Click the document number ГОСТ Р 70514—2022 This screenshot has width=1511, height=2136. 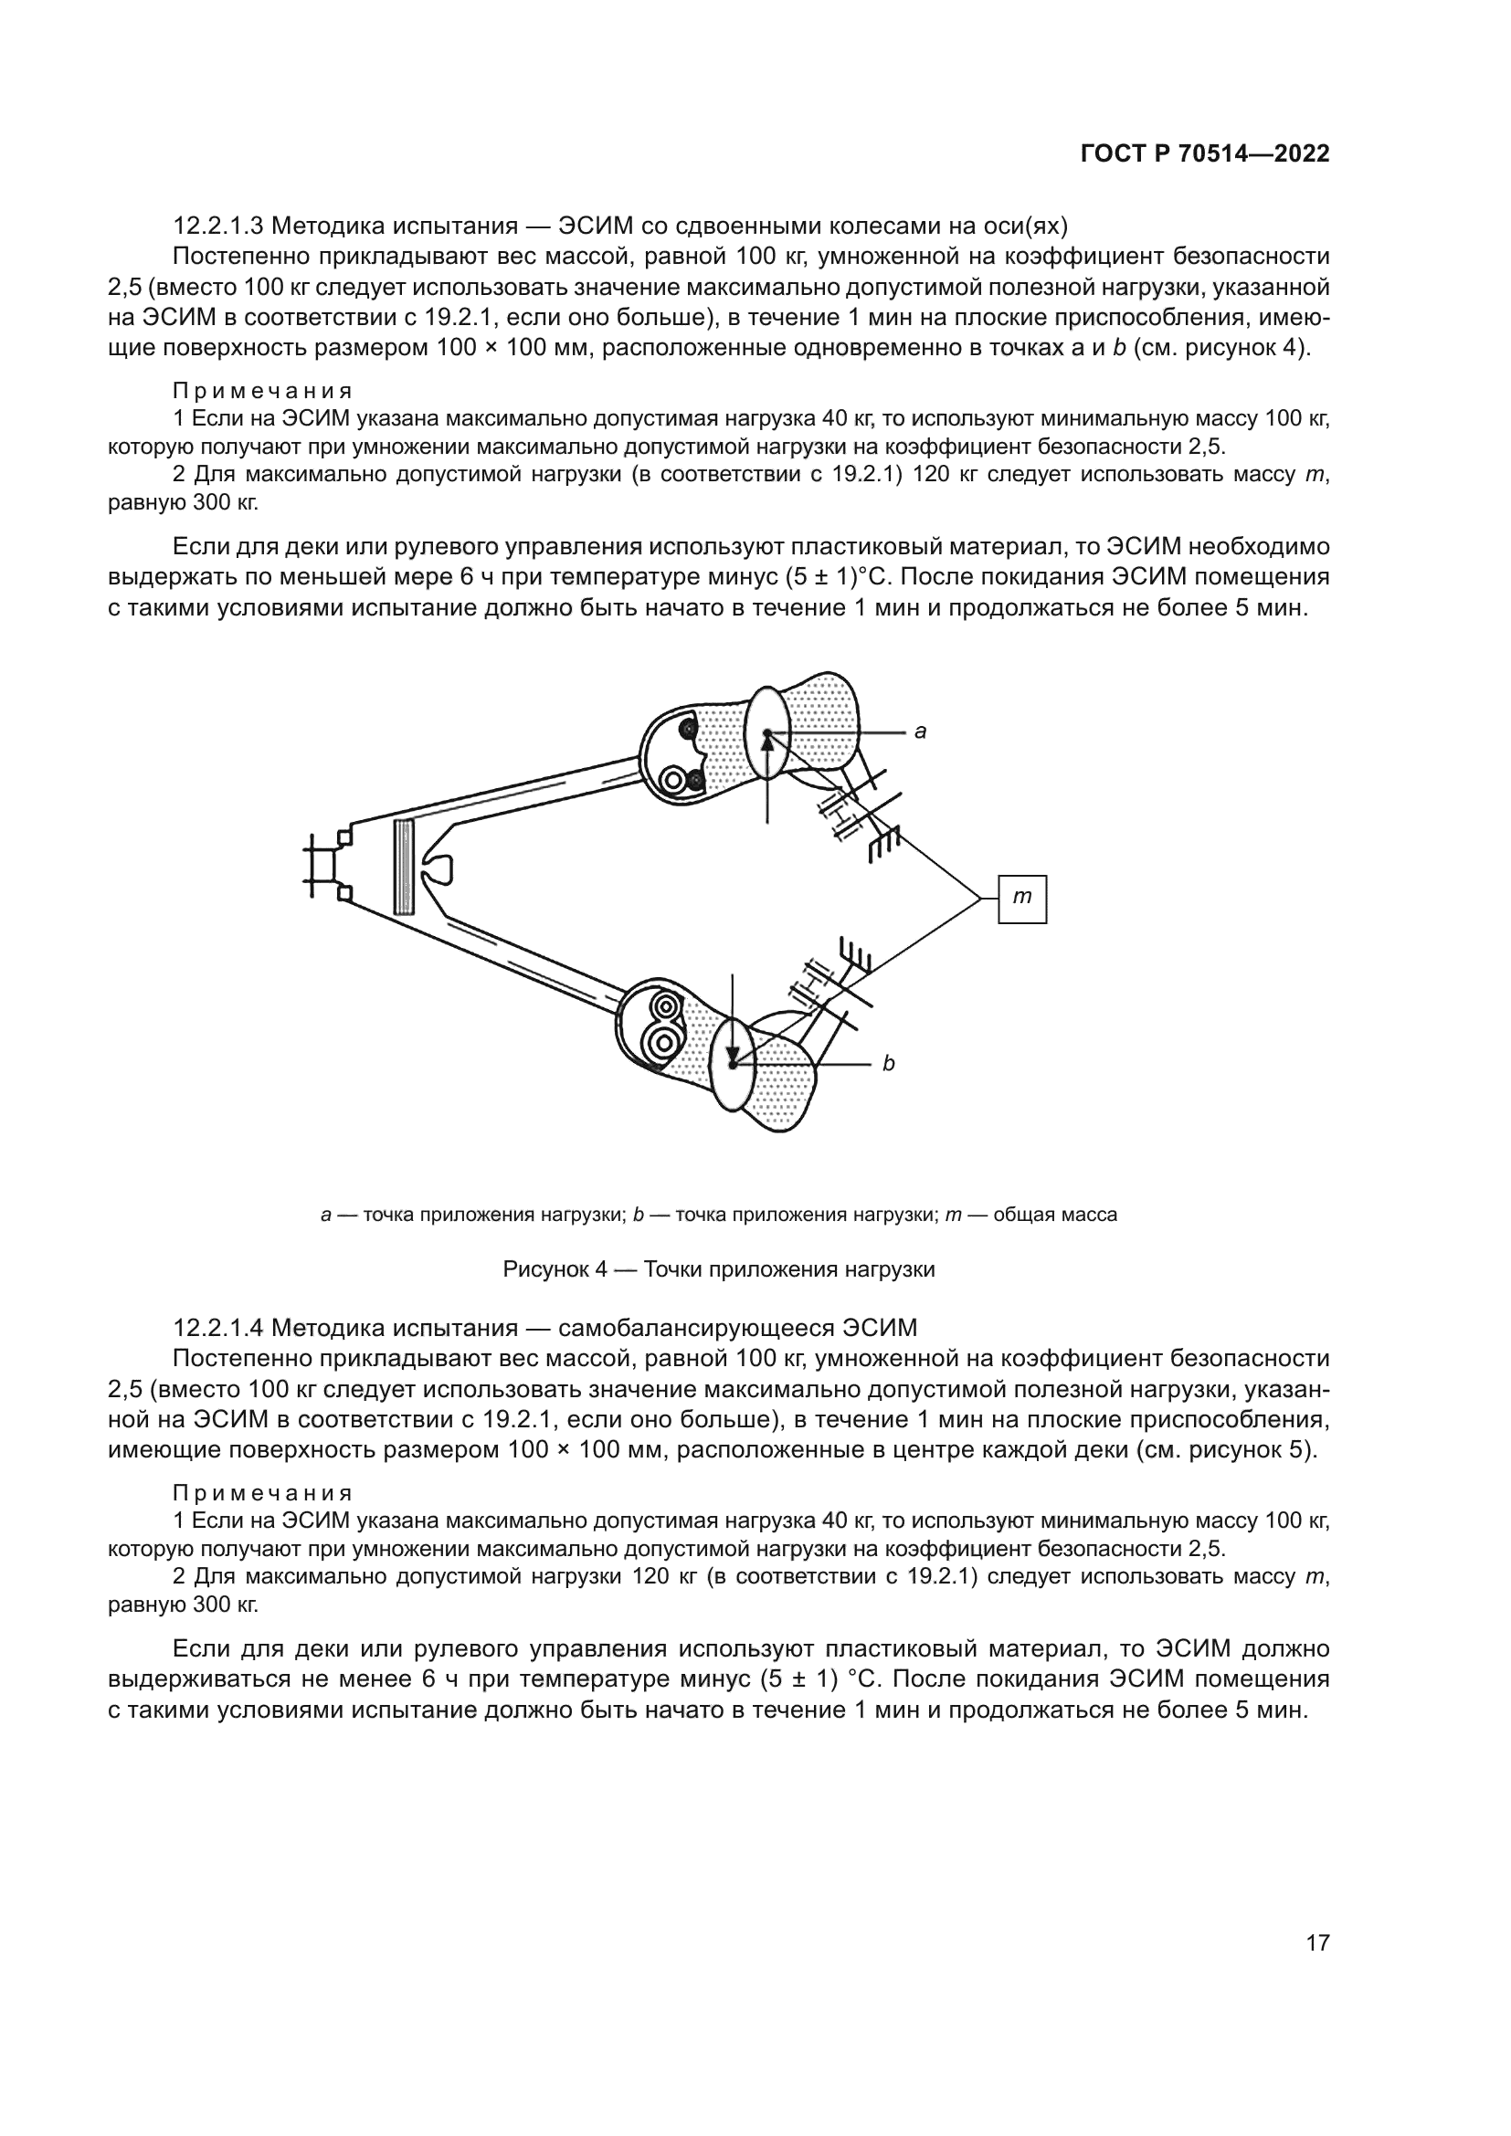(x=1204, y=154)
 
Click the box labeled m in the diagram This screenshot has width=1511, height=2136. (x=1021, y=899)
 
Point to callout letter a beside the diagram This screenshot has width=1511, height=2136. (x=920, y=732)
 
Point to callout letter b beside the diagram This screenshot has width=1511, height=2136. (x=889, y=1063)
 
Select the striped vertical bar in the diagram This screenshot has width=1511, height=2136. (x=403, y=867)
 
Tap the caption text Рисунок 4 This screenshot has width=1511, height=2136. (x=555, y=1270)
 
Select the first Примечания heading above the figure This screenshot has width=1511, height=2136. (x=262, y=391)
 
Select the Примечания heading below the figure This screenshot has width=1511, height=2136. (x=262, y=1494)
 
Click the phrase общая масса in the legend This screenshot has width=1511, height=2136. (x=1055, y=1215)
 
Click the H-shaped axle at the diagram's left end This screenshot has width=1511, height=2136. (x=324, y=866)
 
